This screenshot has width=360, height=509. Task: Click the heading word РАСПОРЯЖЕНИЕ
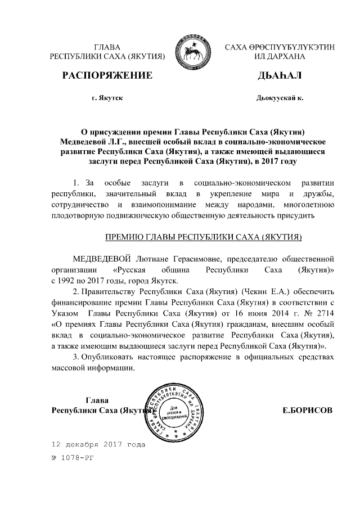[107, 75]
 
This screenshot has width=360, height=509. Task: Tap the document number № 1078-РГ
[72, 458]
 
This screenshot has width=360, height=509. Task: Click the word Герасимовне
[214, 258]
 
